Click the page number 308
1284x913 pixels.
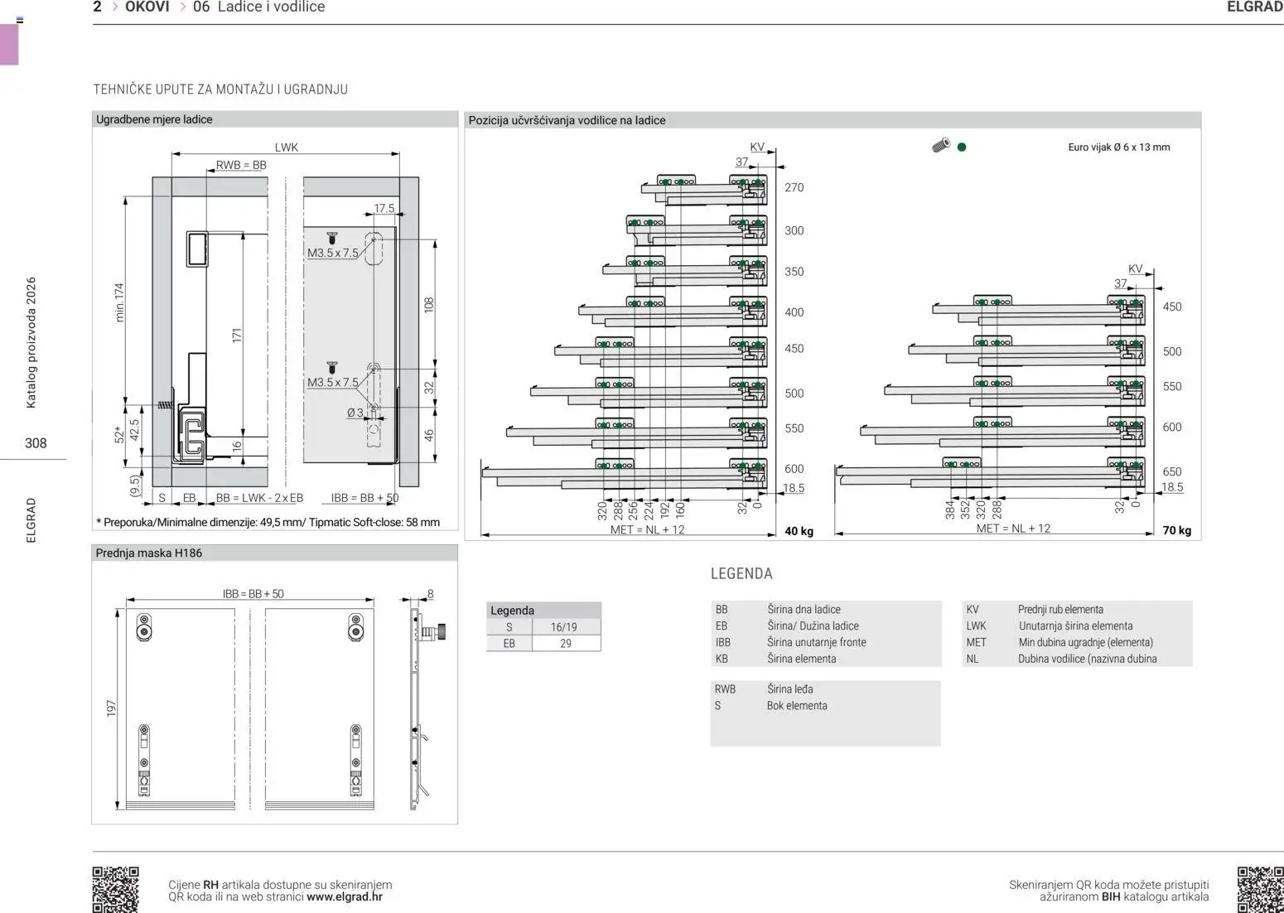(36, 443)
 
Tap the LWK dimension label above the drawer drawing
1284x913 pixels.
(286, 147)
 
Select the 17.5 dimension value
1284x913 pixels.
(384, 208)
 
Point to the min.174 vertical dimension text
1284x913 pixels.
(119, 302)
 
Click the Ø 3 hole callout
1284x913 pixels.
(355, 413)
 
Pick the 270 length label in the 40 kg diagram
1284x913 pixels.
(794, 187)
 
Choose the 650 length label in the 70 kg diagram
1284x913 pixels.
(1172, 471)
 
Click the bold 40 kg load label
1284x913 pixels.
(799, 531)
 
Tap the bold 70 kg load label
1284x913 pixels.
(1177, 531)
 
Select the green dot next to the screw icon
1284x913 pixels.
(962, 147)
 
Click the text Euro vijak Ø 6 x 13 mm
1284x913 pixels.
(1119, 147)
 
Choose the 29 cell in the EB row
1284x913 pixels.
(566, 644)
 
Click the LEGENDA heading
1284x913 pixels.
(741, 573)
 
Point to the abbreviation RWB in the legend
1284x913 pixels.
(725, 689)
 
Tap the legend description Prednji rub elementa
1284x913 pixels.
(1060, 609)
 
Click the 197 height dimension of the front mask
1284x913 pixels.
(111, 708)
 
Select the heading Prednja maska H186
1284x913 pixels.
(148, 553)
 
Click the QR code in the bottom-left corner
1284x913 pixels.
(115, 890)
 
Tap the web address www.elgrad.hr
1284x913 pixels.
(345, 897)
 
